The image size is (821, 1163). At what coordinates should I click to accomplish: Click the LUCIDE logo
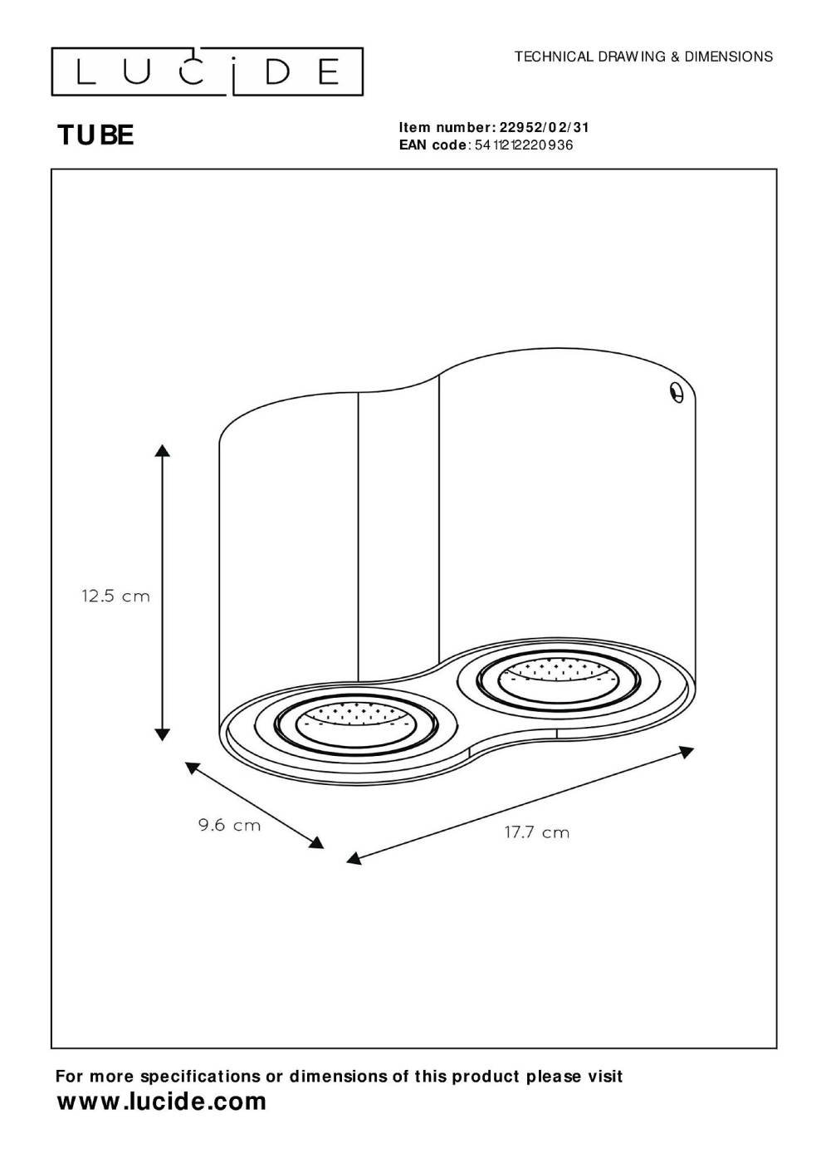point(207,71)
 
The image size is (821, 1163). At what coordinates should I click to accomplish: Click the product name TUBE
point(96,135)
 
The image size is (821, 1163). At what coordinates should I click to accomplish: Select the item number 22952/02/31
point(544,128)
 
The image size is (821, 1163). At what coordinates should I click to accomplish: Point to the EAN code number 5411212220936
point(524,145)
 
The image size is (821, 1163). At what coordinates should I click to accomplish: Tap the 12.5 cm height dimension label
point(115,596)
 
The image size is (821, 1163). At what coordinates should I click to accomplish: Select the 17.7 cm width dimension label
point(537,832)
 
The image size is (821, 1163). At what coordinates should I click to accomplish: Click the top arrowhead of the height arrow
point(163,451)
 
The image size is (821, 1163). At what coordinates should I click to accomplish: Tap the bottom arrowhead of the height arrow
point(163,734)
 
